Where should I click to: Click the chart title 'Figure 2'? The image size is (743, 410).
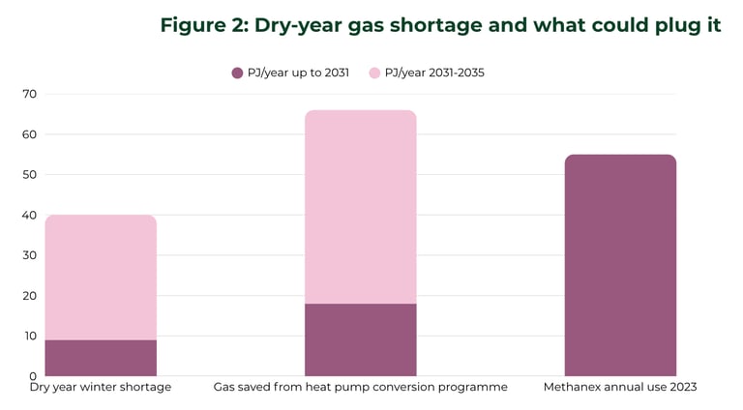[440, 25]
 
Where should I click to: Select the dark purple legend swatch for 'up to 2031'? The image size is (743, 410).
[237, 73]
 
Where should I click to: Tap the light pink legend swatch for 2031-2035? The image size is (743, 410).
[374, 73]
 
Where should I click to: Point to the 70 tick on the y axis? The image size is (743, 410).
[29, 94]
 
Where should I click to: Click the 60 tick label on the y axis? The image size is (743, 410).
[29, 134]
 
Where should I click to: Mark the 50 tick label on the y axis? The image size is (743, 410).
[29, 175]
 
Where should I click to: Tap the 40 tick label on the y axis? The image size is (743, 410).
[29, 215]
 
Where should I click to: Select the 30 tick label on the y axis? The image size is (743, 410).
[29, 255]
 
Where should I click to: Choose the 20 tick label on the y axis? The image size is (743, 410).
[29, 296]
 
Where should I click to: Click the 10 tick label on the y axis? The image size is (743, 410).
[29, 336]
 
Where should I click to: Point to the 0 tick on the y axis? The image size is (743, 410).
[33, 376]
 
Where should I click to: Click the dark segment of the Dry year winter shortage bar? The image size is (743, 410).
[101, 358]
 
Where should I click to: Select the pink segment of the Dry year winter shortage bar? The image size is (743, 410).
[101, 277]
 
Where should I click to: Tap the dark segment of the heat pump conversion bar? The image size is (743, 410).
[360, 339]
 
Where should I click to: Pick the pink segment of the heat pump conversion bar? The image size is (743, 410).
[360, 207]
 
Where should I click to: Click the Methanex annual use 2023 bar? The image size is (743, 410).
[620, 265]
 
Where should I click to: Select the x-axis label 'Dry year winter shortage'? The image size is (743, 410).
[101, 388]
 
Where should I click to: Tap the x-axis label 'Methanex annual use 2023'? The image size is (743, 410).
[620, 388]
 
